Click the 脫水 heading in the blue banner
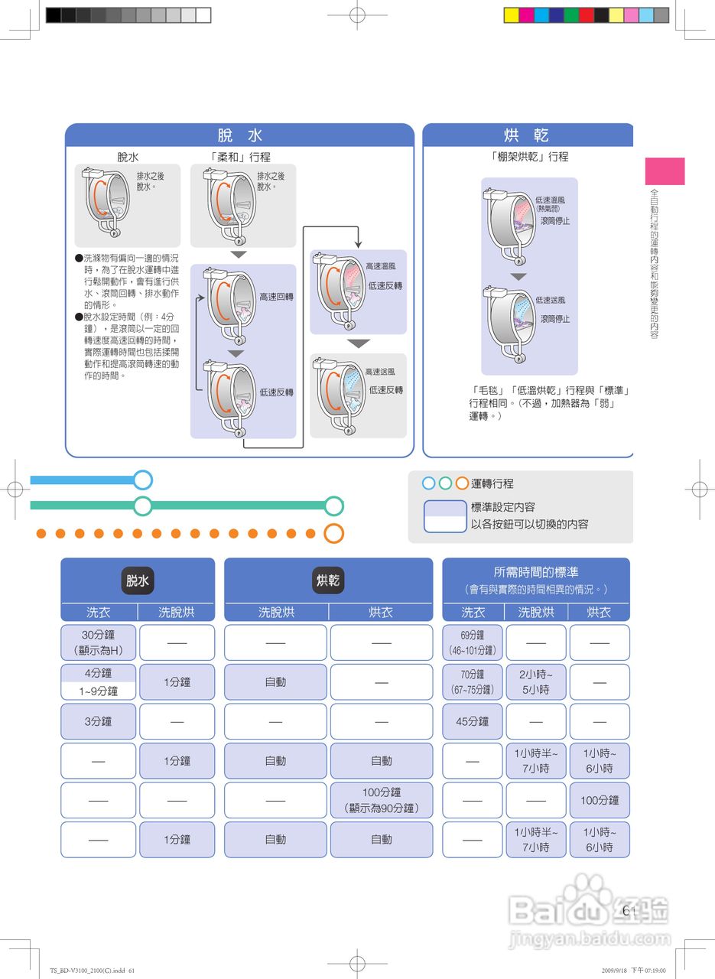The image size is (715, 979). pyautogui.click(x=239, y=135)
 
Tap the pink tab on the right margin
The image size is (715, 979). pyautogui.click(x=665, y=171)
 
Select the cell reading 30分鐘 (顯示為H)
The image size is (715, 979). pyautogui.click(x=98, y=642)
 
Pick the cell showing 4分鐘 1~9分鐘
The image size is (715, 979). pyautogui.click(x=98, y=681)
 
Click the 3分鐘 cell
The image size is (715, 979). pyautogui.click(x=98, y=721)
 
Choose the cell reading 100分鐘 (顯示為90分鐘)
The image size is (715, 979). pyautogui.click(x=381, y=800)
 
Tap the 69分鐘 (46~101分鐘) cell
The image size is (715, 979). pyautogui.click(x=473, y=642)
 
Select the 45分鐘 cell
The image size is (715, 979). pyautogui.click(x=473, y=721)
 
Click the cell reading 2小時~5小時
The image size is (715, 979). pyautogui.click(x=536, y=681)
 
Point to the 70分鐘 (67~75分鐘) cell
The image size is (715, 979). pyautogui.click(x=473, y=681)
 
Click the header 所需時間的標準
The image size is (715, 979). pyautogui.click(x=535, y=572)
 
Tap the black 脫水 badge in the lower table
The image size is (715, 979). pyautogui.click(x=138, y=581)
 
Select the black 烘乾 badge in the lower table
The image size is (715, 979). pyautogui.click(x=328, y=581)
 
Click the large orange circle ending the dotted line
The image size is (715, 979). pyautogui.click(x=333, y=533)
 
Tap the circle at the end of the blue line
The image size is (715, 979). pyautogui.click(x=142, y=480)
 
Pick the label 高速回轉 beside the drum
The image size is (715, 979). pyautogui.click(x=276, y=297)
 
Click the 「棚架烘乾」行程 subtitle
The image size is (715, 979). pyautogui.click(x=529, y=157)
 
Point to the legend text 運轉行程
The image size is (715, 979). pyautogui.click(x=492, y=483)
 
